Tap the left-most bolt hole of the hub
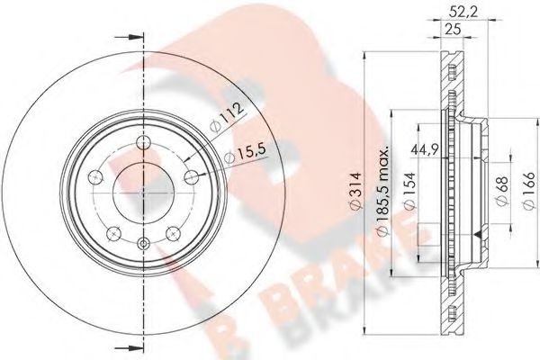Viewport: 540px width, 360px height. click(96, 177)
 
